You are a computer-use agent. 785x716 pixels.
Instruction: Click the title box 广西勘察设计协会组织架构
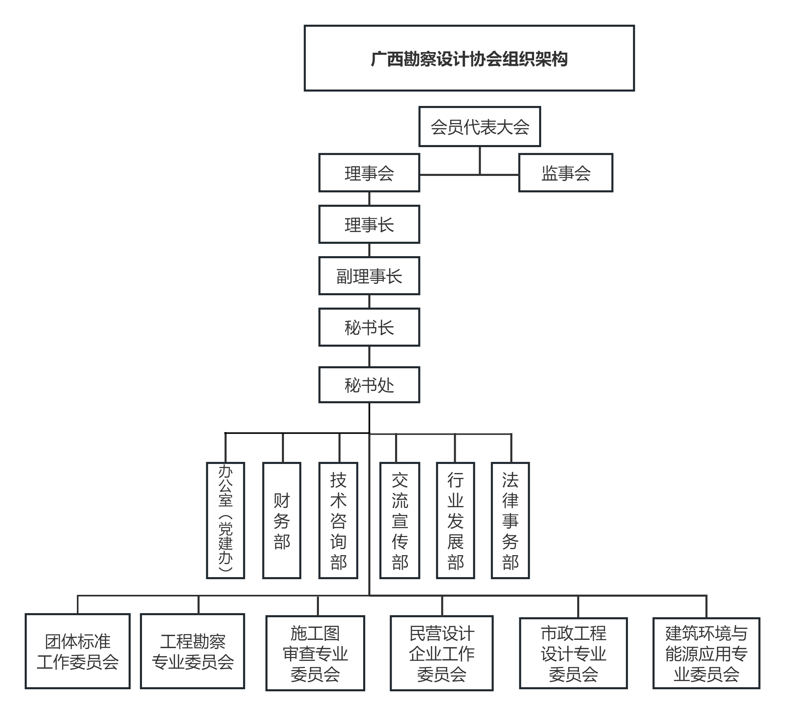click(469, 58)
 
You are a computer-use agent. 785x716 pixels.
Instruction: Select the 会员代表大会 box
click(479, 127)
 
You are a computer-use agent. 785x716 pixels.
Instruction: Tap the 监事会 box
click(566, 173)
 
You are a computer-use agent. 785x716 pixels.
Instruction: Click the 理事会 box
click(369, 173)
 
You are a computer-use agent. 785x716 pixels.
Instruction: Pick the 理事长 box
click(369, 225)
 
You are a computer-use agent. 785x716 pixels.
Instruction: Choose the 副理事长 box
click(369, 276)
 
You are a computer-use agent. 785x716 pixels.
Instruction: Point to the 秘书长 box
click(369, 327)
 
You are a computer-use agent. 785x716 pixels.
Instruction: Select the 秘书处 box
click(369, 385)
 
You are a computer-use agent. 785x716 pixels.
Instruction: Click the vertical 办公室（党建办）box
click(225, 521)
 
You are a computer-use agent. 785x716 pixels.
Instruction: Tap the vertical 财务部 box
click(282, 521)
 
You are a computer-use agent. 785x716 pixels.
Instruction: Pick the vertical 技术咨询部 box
click(338, 521)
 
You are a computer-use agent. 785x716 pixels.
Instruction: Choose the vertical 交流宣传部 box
click(400, 521)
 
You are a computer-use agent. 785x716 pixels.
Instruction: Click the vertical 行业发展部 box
click(455, 521)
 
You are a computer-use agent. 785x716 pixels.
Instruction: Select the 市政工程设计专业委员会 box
click(573, 653)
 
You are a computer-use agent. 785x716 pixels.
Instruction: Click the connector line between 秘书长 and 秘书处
click(369, 357)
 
